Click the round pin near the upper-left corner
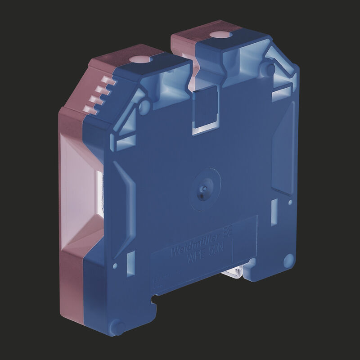pos(144,106)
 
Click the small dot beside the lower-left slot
pos(118,261)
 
